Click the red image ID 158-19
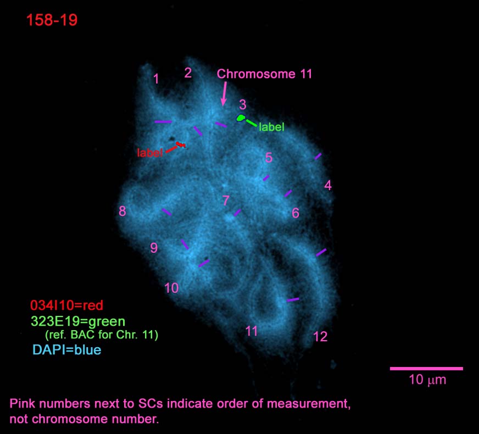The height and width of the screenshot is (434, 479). click(x=52, y=20)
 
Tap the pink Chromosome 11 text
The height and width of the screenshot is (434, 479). click(x=265, y=74)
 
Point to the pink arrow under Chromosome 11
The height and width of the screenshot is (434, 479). click(x=224, y=93)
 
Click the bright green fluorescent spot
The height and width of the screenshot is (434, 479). click(x=241, y=118)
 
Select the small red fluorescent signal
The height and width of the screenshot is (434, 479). click(x=181, y=144)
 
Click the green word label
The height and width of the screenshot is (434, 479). click(x=271, y=127)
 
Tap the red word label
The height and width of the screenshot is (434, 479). click(x=149, y=152)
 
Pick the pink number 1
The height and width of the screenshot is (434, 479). click(x=156, y=79)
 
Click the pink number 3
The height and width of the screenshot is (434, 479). click(x=243, y=104)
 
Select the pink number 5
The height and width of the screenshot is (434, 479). click(x=269, y=158)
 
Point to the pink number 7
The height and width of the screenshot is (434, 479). click(x=226, y=201)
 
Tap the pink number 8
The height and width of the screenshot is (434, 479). click(x=122, y=211)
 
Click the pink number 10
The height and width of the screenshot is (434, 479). click(x=171, y=288)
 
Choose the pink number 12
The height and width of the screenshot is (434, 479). click(x=320, y=337)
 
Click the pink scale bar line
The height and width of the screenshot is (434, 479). click(x=426, y=369)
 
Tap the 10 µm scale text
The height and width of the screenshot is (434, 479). click(x=427, y=380)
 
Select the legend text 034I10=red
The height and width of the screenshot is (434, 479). click(x=66, y=305)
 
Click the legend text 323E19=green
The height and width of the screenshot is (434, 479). click(x=78, y=321)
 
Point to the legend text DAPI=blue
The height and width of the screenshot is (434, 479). click(x=67, y=350)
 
